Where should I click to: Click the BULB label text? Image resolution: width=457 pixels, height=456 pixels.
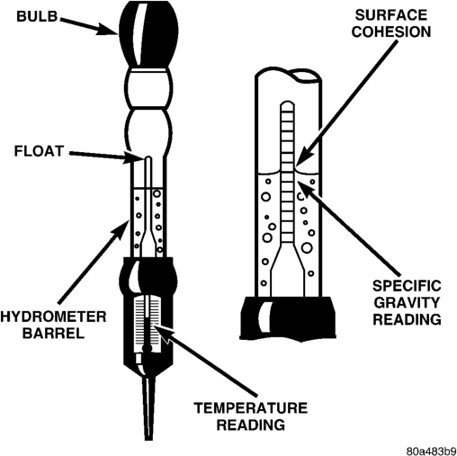click(x=37, y=16)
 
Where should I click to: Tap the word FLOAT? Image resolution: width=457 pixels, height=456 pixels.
click(x=39, y=151)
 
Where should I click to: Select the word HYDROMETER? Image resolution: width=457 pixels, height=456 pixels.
click(x=53, y=317)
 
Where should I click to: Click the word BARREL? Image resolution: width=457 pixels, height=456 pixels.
click(x=53, y=333)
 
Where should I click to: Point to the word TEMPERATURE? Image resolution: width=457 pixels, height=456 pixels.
click(x=251, y=408)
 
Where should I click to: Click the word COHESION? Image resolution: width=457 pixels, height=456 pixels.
click(x=391, y=31)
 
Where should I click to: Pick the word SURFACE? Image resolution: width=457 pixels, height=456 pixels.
click(x=391, y=15)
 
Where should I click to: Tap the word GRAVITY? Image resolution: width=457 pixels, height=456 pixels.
click(x=407, y=302)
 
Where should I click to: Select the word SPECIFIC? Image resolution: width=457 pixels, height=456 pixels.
click(x=407, y=286)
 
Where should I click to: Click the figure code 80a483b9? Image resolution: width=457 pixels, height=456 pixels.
click(x=431, y=451)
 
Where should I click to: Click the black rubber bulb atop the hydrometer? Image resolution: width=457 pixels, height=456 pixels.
click(x=148, y=34)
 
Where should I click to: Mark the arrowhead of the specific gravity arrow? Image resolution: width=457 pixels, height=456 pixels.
click(x=307, y=189)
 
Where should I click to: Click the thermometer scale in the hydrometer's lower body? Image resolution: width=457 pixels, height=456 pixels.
click(x=147, y=324)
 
